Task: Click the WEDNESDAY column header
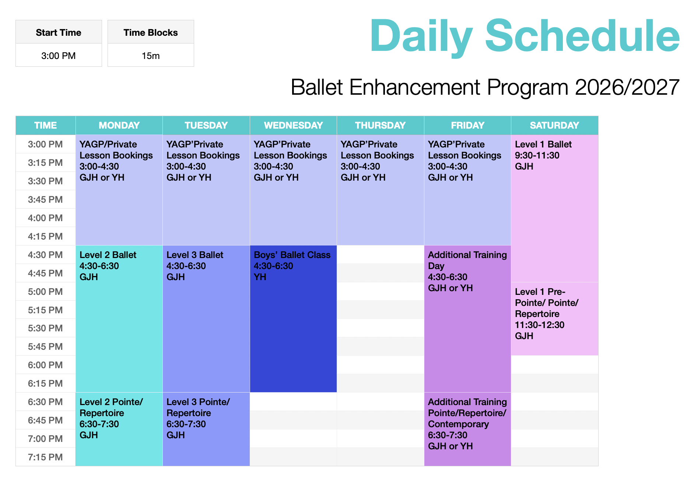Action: [293, 125]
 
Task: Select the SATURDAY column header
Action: [554, 125]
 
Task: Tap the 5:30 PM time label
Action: [45, 328]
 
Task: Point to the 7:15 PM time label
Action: [45, 457]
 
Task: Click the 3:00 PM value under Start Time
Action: [59, 56]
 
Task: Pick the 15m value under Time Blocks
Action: [151, 56]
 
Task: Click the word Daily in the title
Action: [421, 36]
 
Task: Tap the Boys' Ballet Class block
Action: [293, 319]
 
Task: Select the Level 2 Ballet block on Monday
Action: [119, 319]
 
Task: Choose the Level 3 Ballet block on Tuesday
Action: [206, 319]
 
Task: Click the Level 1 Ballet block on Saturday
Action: [554, 208]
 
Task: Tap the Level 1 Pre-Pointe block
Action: [554, 319]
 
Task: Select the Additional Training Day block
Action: [467, 319]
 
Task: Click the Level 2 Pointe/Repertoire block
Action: [119, 429]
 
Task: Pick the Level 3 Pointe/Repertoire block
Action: [206, 429]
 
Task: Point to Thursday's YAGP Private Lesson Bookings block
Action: [381, 190]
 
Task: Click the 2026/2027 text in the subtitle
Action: [627, 87]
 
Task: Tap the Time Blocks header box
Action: [151, 32]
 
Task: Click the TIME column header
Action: [45, 125]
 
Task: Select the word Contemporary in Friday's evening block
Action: [458, 424]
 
